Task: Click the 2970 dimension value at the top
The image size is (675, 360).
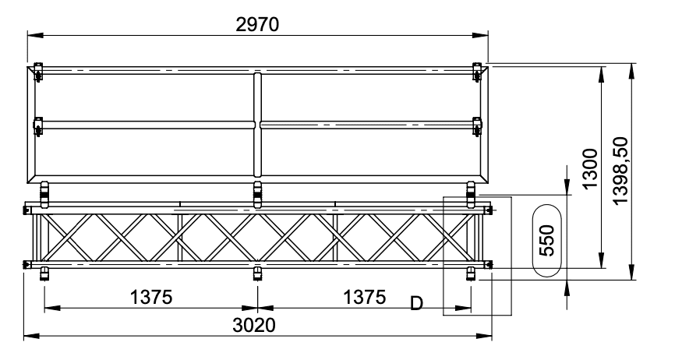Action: [x=257, y=24]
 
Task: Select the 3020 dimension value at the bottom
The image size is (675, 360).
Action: [x=254, y=325]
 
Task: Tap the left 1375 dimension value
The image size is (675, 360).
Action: [x=151, y=297]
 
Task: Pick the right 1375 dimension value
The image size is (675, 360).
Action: [x=364, y=297]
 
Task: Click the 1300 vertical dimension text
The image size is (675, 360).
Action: [x=590, y=168]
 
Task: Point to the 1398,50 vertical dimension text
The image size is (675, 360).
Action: [x=620, y=171]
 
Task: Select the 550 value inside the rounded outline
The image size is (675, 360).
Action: [x=547, y=241]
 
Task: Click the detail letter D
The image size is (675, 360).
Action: [x=416, y=303]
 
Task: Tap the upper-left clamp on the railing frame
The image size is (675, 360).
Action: [x=39, y=72]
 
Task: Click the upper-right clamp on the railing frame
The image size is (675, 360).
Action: [x=476, y=72]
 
